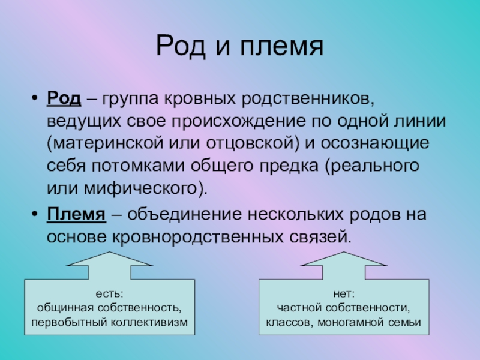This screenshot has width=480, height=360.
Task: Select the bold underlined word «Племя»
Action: [x=77, y=214]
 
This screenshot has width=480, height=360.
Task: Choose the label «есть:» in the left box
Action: [x=109, y=294]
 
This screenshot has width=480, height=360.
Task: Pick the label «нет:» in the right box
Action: [x=344, y=294]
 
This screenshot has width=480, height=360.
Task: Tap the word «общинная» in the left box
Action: [x=58, y=308]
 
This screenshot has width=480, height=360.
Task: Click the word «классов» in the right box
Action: [x=286, y=322]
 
